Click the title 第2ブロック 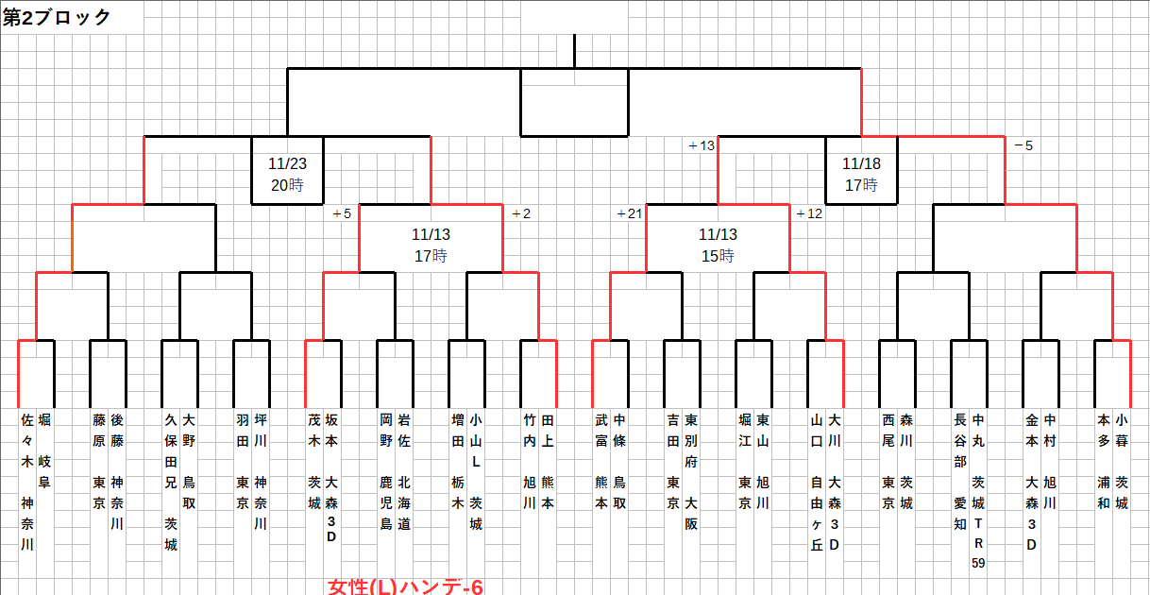(57, 17)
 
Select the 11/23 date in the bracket (286, 162)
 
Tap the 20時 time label (286, 185)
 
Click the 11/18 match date (860, 162)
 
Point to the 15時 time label (718, 256)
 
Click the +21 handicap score (628, 213)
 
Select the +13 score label (702, 145)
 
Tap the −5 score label (1023, 145)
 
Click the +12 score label (809, 213)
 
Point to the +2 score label (520, 213)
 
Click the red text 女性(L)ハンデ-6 (405, 586)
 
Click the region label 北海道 (404, 501)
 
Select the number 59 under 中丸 (978, 564)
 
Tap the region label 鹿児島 (386, 501)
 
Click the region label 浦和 (1104, 491)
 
